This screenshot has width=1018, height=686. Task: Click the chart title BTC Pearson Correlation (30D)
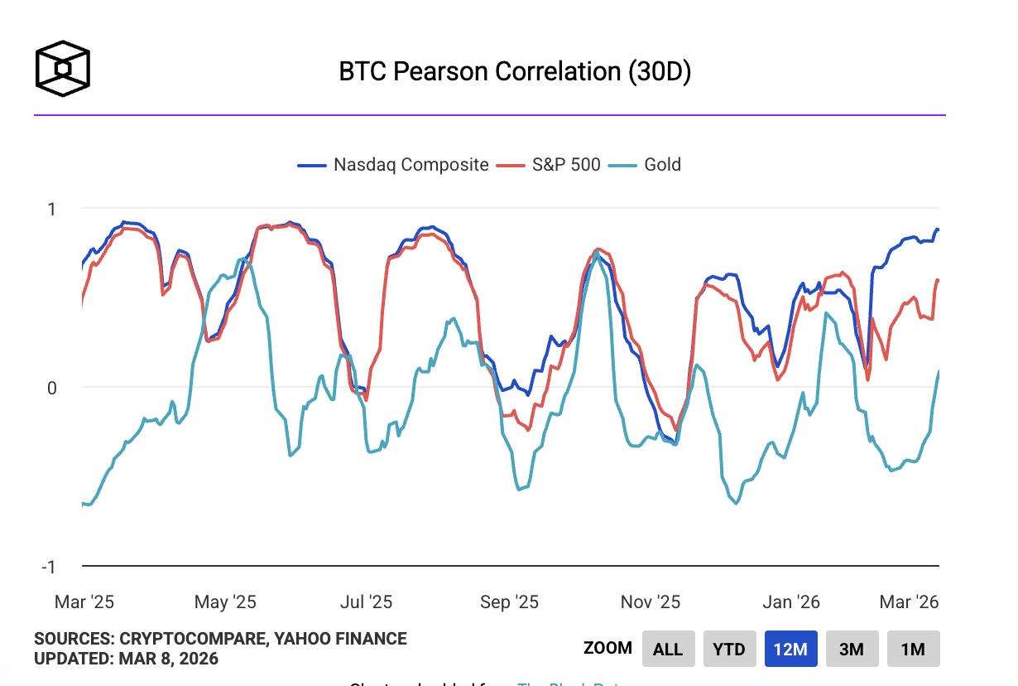[514, 71]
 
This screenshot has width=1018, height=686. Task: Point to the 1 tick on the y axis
[51, 209]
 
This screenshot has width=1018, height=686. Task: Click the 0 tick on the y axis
[51, 388]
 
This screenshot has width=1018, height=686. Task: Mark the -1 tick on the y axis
[49, 567]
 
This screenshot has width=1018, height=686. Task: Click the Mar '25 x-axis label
[84, 602]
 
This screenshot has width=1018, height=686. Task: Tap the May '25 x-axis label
[225, 602]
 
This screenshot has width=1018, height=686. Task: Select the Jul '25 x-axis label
[367, 602]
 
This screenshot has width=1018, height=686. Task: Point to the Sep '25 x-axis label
[509, 602]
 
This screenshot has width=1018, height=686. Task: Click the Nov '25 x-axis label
[651, 602]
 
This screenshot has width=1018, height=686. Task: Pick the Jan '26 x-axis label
[791, 602]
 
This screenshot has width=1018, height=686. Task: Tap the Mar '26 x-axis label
[910, 602]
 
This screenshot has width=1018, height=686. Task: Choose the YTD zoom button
[729, 649]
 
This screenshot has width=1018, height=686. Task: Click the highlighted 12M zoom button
[790, 649]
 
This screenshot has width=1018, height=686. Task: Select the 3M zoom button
[852, 649]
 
